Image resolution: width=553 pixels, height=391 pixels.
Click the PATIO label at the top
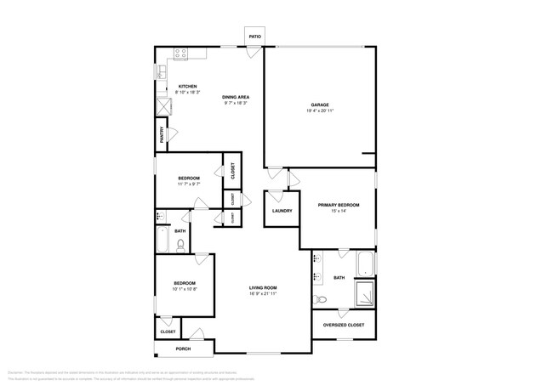[x=254, y=37]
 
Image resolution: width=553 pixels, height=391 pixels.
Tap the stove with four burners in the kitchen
[x=181, y=54]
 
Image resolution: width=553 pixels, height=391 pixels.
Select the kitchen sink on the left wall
[x=160, y=73]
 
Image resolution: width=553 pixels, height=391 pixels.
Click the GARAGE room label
[x=319, y=105]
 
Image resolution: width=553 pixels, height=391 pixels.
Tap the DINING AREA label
[x=236, y=97]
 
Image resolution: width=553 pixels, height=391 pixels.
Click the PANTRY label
[x=161, y=135]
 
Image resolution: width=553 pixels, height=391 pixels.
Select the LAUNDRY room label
[x=282, y=211]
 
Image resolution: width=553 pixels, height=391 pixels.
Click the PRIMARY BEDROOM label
[x=339, y=205]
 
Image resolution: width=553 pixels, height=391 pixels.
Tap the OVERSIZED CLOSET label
[x=344, y=325]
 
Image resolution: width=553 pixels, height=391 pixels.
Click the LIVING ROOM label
[x=263, y=287]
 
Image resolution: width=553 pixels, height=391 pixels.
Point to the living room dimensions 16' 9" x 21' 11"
[x=263, y=293]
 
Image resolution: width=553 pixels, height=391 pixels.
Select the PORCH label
[x=183, y=348]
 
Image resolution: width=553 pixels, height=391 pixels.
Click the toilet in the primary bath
[x=321, y=299]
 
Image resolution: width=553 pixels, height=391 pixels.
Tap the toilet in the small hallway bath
[x=180, y=246]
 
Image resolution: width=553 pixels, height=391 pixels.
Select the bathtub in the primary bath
[x=365, y=263]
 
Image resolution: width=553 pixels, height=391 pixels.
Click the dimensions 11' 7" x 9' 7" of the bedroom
[x=188, y=184]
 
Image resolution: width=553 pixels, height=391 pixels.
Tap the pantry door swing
[x=173, y=134]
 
